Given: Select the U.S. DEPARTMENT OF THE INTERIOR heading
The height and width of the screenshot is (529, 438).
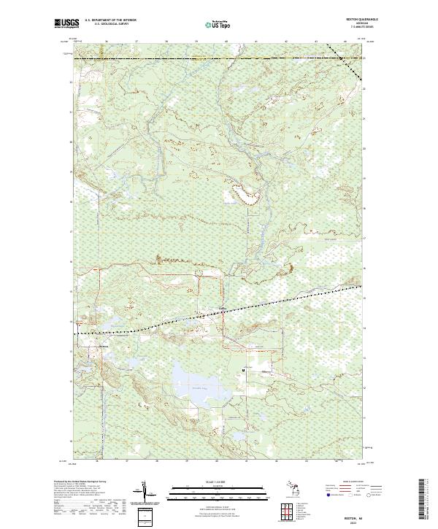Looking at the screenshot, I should [110, 20].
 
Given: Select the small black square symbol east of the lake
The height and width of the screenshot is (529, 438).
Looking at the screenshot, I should [242, 370].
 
